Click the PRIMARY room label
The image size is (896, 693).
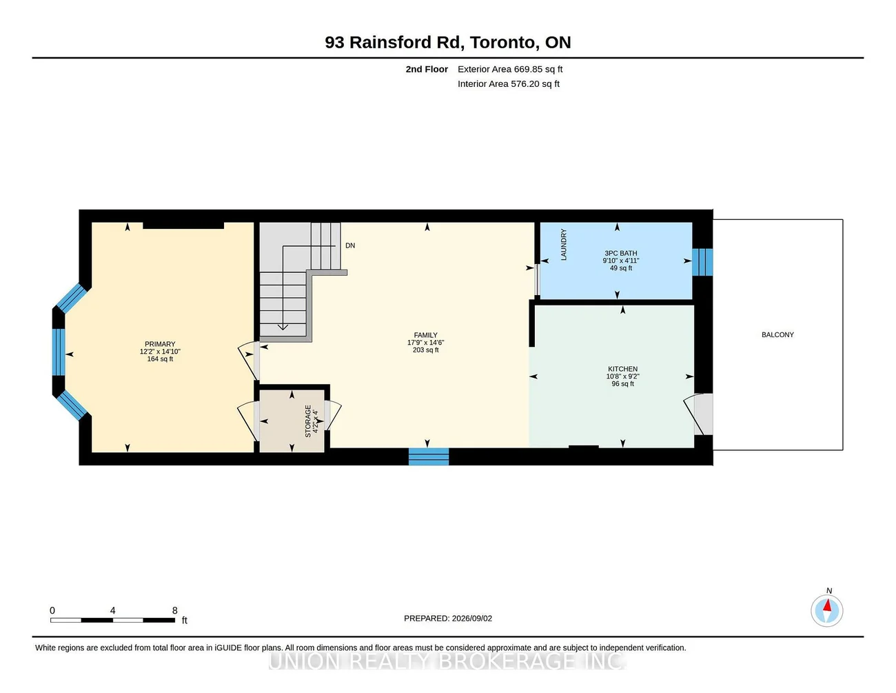tap(160, 344)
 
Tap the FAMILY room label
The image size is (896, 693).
tap(425, 335)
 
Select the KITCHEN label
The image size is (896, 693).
tap(622, 369)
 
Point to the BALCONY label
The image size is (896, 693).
tap(777, 334)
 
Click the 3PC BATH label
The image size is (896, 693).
tap(620, 253)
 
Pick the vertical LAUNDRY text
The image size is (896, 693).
tap(564, 245)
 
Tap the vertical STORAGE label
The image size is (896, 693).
tap(308, 421)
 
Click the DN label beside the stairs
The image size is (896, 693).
tap(350, 245)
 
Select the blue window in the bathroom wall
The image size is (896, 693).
tap(702, 262)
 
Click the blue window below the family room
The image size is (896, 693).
tap(429, 456)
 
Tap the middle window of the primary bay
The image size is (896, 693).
tap(59, 352)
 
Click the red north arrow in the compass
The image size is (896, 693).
tap(827, 605)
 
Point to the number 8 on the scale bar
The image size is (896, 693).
tap(175, 610)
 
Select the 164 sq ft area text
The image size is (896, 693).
tap(160, 359)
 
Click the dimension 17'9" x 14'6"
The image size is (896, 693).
tap(425, 343)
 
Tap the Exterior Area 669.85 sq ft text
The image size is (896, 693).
tap(510, 69)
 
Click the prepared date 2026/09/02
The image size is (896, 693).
tap(471, 619)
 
